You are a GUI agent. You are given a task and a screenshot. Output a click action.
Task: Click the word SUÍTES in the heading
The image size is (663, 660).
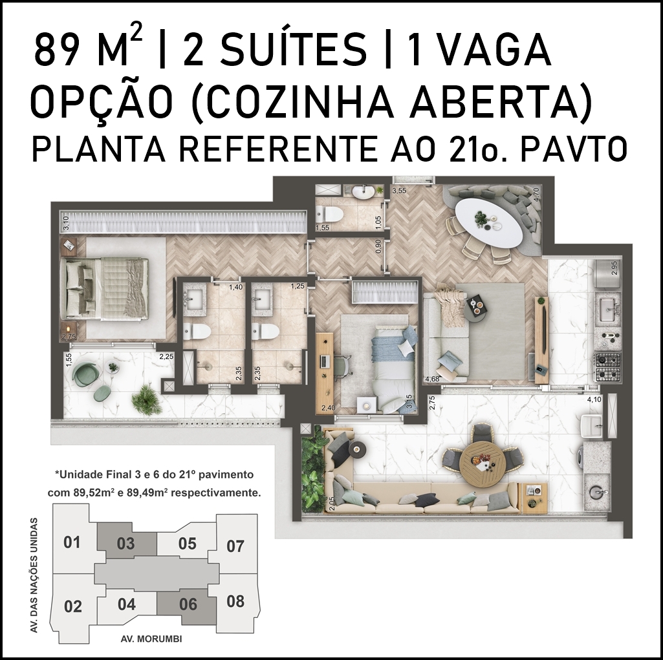click(275, 50)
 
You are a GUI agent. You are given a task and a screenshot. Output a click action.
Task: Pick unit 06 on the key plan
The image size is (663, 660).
click(188, 604)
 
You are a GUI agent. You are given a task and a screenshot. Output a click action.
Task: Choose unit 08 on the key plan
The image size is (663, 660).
click(235, 601)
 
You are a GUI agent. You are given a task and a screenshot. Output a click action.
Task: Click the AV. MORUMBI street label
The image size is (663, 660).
click(151, 639)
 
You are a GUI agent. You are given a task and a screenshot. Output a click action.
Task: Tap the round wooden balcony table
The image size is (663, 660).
click(482, 464)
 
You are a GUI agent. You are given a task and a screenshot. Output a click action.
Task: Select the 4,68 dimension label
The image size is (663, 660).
click(432, 379)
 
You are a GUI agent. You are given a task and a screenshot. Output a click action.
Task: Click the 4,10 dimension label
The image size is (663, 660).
click(594, 399)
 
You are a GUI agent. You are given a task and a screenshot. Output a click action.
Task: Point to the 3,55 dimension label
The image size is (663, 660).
click(399, 191)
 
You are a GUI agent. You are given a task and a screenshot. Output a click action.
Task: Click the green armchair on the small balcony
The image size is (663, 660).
click(86, 373)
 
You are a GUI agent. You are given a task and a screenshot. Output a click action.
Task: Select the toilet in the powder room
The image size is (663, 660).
click(329, 213)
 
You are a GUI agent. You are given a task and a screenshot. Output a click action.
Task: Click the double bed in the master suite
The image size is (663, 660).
click(104, 288)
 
